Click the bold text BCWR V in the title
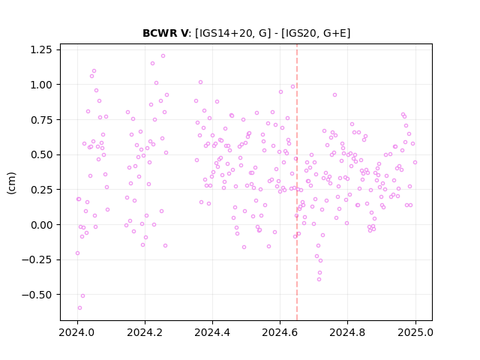[x=166, y=33]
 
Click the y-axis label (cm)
[x=11, y=183]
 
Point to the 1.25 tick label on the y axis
[x=41, y=49]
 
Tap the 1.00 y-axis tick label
[x=41, y=85]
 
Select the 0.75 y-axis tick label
[x=41, y=120]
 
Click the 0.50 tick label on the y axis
[x=41, y=155]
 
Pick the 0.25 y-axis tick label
[x=41, y=190]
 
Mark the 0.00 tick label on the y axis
[x=41, y=225]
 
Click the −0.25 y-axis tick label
[x=37, y=260]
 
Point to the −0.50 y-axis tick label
[x=37, y=295]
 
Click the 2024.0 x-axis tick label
[x=77, y=332]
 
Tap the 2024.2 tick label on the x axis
[x=145, y=332]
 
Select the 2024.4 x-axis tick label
[x=212, y=332]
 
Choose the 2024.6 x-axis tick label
[x=280, y=332]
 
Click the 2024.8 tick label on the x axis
[x=347, y=332]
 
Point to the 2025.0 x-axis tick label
[x=415, y=332]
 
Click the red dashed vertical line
[x=297, y=182]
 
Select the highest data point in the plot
[x=163, y=56]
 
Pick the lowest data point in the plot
[x=80, y=308]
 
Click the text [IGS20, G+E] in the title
[x=316, y=33]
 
